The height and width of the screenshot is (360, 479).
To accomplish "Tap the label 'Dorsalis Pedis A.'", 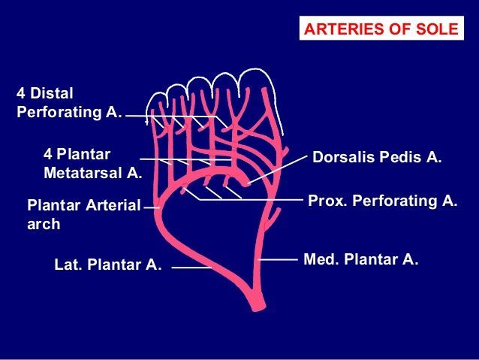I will point(377,159).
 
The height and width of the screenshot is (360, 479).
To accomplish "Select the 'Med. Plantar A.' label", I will point(360,259).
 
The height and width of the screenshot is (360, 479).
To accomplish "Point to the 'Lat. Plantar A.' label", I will point(108,265).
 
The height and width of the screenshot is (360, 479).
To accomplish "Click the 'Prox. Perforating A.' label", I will point(383,201).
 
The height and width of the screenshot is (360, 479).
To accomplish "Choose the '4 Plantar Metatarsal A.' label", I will point(92,163).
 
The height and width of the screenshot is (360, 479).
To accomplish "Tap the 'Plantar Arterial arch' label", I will point(83,213).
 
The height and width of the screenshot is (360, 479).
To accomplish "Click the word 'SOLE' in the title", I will point(438,29).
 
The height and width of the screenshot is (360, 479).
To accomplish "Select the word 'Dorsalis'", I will point(339,159).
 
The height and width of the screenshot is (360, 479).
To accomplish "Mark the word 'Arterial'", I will point(112,204).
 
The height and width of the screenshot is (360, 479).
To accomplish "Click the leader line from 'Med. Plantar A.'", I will point(279,259).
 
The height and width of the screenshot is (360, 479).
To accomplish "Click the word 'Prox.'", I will point(325,201).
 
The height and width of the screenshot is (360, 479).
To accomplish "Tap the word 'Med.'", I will point(319,259).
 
